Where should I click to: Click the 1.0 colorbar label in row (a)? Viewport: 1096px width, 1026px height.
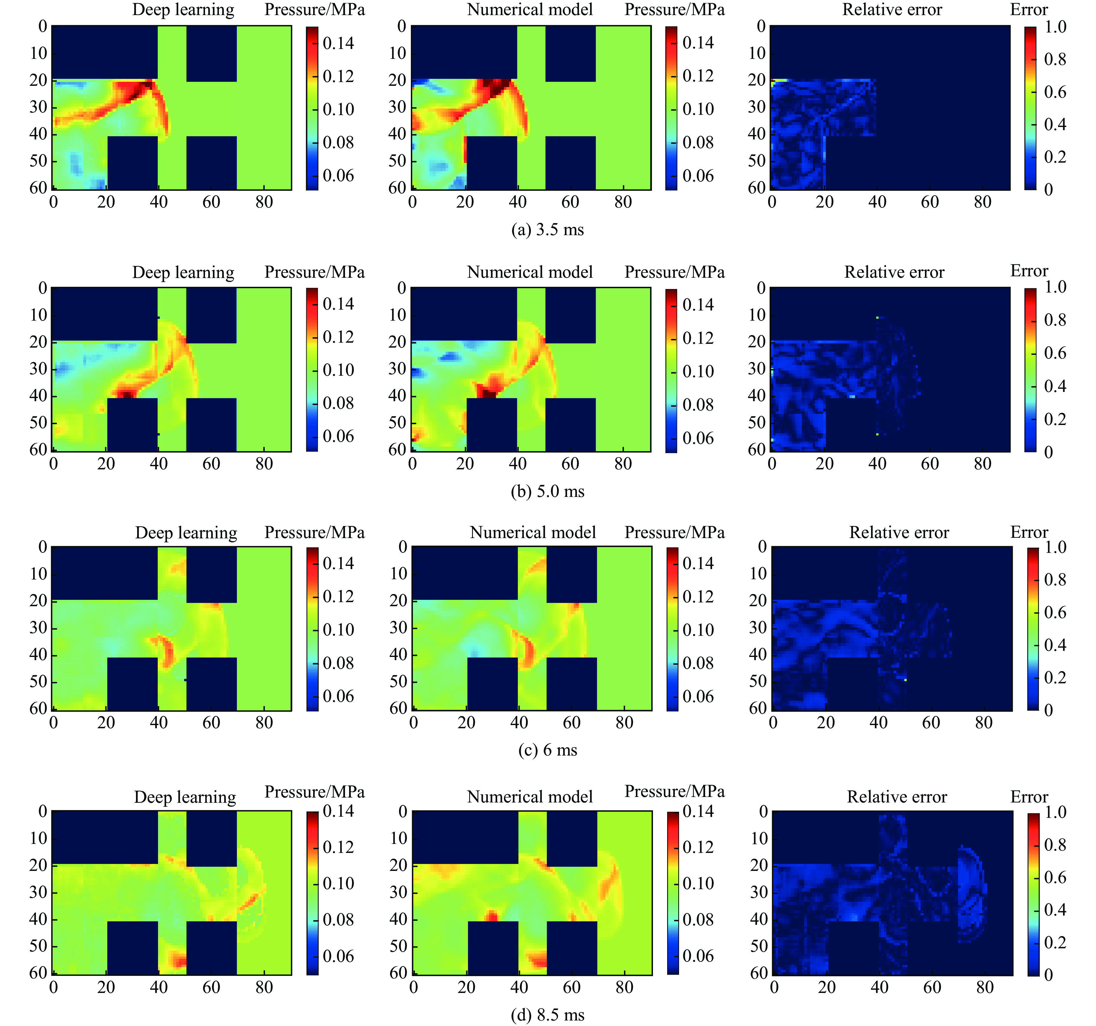[1055, 27]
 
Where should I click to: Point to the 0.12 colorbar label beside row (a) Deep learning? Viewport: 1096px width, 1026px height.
[338, 76]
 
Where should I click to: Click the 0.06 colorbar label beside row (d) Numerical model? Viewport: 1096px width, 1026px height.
[698, 956]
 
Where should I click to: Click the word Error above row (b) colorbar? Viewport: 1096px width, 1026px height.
[1029, 271]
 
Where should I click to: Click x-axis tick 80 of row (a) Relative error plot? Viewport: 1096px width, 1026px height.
[982, 202]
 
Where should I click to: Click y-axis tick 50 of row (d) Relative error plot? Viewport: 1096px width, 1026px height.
[759, 946]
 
